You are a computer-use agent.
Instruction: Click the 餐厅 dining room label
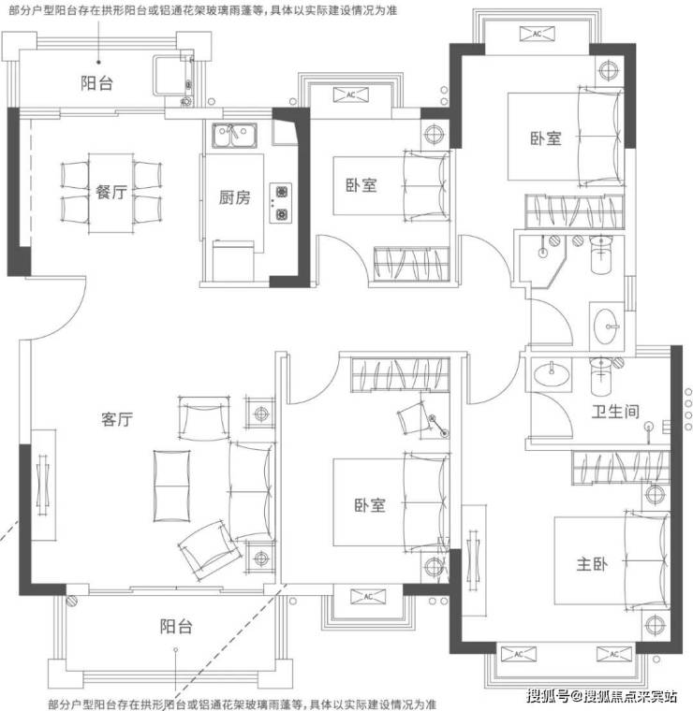click(x=111, y=193)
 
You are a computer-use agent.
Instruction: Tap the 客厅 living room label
click(x=117, y=419)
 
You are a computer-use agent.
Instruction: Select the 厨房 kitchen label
click(x=234, y=197)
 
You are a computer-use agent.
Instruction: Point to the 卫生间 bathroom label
click(x=615, y=412)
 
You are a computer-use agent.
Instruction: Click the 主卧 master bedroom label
click(x=592, y=564)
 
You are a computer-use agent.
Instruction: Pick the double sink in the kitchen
click(x=234, y=135)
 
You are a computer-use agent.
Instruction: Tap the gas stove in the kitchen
click(x=281, y=203)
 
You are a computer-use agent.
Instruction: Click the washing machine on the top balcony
click(x=172, y=76)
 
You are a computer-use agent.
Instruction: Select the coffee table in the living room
click(x=171, y=486)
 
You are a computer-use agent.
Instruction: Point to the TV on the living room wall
click(x=44, y=486)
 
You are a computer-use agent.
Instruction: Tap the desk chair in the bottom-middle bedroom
click(x=410, y=419)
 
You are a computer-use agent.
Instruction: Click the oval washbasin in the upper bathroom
click(x=605, y=326)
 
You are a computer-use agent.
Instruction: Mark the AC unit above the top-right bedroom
click(x=537, y=34)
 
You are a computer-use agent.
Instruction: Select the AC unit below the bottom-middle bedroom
click(x=368, y=596)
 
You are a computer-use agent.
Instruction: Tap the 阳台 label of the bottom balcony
click(x=176, y=627)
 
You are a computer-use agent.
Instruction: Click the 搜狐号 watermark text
click(x=547, y=696)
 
